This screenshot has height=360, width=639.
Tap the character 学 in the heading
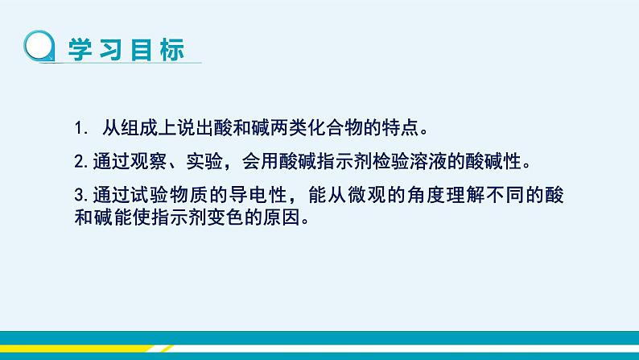click(x=80, y=50)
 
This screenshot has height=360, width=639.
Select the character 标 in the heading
click(x=172, y=50)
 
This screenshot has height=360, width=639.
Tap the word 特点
click(x=400, y=128)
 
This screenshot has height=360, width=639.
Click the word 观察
click(x=148, y=161)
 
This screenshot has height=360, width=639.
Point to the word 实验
click(x=204, y=161)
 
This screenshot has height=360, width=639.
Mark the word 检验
click(x=391, y=161)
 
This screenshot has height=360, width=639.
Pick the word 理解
click(x=465, y=195)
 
